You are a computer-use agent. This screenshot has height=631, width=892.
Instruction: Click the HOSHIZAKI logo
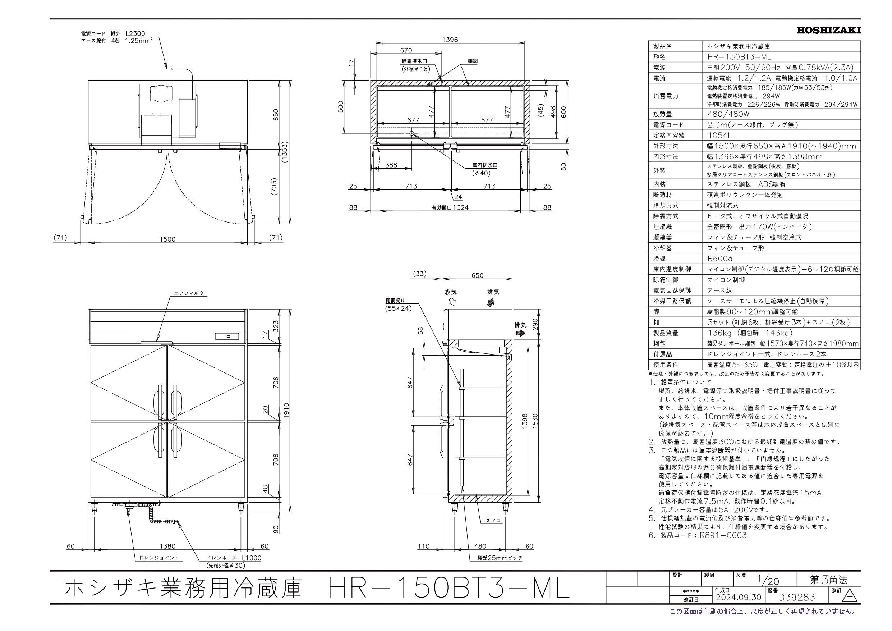828,30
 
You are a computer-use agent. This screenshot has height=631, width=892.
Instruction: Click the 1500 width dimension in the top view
167,239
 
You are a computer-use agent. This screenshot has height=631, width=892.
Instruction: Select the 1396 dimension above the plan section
450,39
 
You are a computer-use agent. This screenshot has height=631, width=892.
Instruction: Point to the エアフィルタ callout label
188,293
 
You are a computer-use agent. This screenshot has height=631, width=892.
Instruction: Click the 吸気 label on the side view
450,292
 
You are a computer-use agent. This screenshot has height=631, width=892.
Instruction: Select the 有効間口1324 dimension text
450,207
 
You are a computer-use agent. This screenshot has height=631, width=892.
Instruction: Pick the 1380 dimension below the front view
167,546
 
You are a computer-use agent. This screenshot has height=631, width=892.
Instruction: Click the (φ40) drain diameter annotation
481,173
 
